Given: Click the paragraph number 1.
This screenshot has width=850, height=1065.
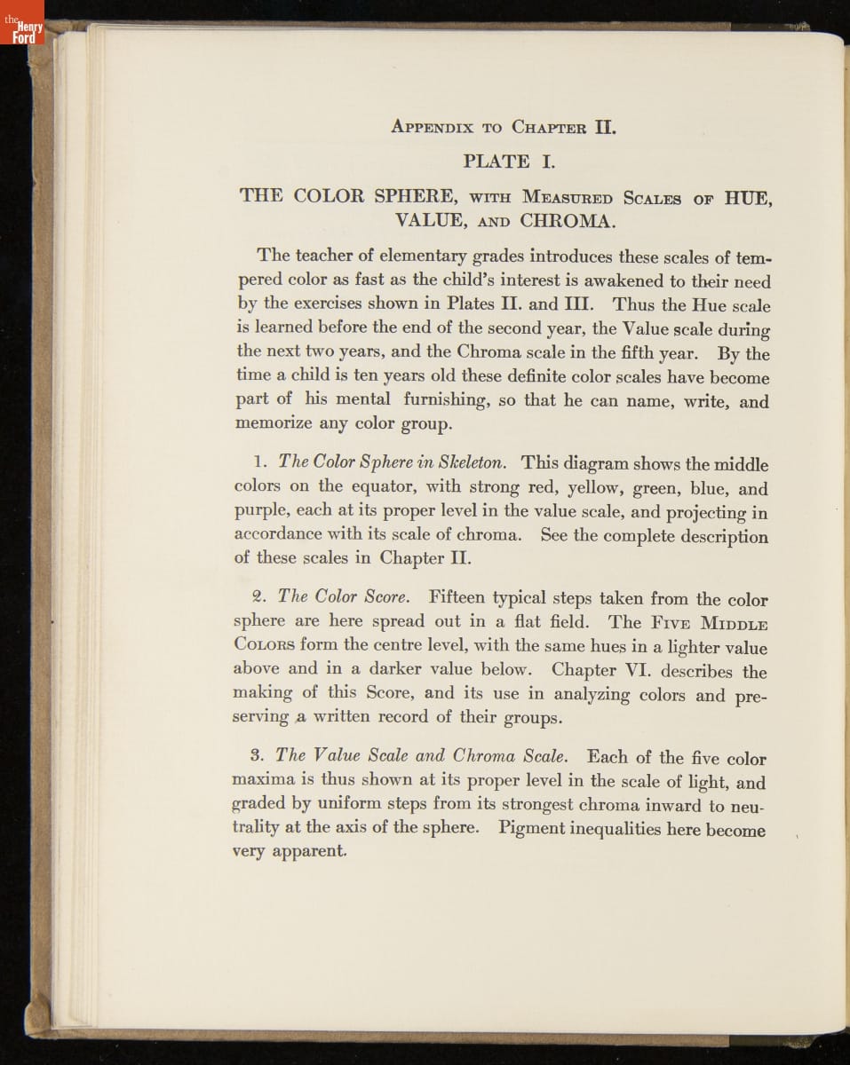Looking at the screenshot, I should [260, 463].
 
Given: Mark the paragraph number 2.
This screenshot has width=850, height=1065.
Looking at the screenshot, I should [260, 597].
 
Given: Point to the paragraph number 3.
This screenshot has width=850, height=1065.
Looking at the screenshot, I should [259, 757].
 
